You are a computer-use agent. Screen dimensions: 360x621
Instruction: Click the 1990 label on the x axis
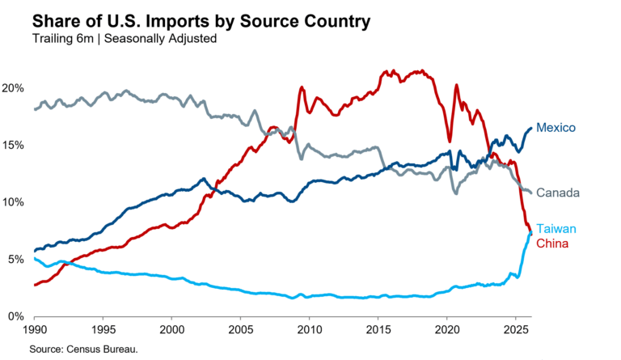pos(34,331)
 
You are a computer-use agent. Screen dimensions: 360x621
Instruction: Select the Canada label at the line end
pos(558,193)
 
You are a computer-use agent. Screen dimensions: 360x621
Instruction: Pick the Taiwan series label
pos(556,230)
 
